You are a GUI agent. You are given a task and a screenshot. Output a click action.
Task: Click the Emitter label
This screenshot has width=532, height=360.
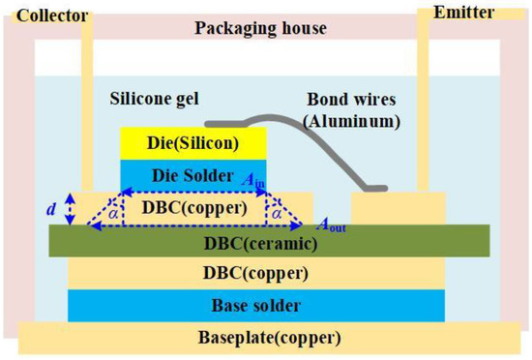coord(490,13)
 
